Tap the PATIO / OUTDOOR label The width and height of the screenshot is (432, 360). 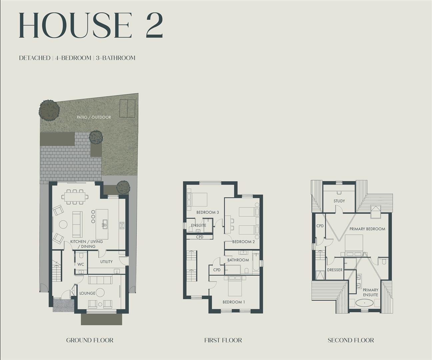[94, 117]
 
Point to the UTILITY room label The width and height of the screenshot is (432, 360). [106, 262]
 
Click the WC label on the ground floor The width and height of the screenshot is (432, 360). [81, 264]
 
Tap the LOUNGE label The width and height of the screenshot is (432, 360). [87, 293]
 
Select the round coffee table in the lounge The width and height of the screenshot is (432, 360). [100, 293]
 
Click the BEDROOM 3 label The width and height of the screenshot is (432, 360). [207, 212]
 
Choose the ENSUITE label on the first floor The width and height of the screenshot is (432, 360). [198, 225]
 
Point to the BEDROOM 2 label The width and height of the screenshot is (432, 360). [243, 242]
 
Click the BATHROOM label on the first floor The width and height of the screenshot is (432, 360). [238, 260]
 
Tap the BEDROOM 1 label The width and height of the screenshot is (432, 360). [234, 302]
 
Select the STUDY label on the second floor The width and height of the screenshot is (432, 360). [339, 201]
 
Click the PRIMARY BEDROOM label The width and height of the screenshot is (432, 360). [367, 229]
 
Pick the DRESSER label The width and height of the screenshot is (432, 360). [335, 270]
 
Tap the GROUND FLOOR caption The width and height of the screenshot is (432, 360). [90, 340]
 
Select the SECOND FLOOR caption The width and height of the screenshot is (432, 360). [351, 340]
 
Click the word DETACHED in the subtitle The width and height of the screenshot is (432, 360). [35, 58]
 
